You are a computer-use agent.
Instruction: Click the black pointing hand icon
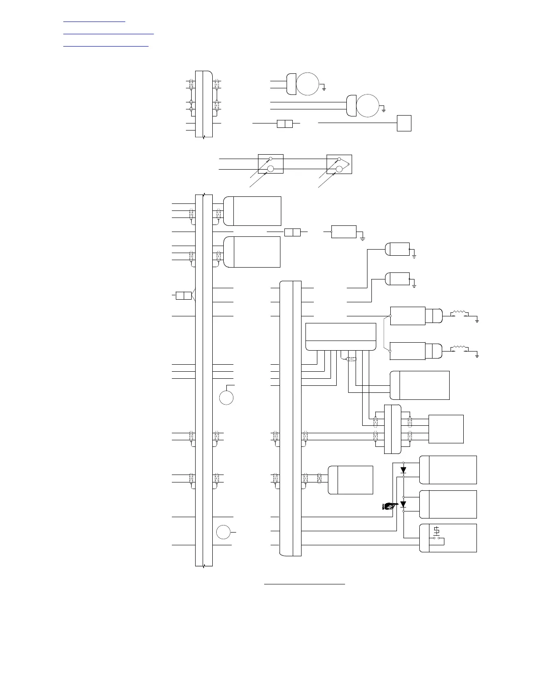pos(390,506)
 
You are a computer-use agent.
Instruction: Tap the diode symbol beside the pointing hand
pos(403,504)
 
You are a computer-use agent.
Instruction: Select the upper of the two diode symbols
pos(403,470)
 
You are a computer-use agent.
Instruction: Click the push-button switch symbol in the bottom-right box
pos(436,533)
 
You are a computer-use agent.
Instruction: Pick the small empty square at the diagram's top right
pos(404,123)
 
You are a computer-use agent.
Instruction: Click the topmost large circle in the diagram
pos(307,83)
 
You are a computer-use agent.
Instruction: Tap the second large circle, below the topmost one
pos(367,105)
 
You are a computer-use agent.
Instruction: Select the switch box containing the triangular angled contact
pos(339,164)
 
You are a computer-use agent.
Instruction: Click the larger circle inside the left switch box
pos(271,169)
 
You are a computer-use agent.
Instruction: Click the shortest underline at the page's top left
pos(94,21)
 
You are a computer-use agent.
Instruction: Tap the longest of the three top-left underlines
pos(109,33)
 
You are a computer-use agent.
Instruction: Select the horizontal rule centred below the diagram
pos(305,584)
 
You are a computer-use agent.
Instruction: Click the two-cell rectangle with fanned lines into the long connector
pos(183,295)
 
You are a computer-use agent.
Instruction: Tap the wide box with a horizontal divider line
pos(341,337)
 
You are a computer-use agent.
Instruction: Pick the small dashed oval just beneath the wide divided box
pos(351,359)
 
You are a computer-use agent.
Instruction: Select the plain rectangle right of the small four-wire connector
pos(446,429)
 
